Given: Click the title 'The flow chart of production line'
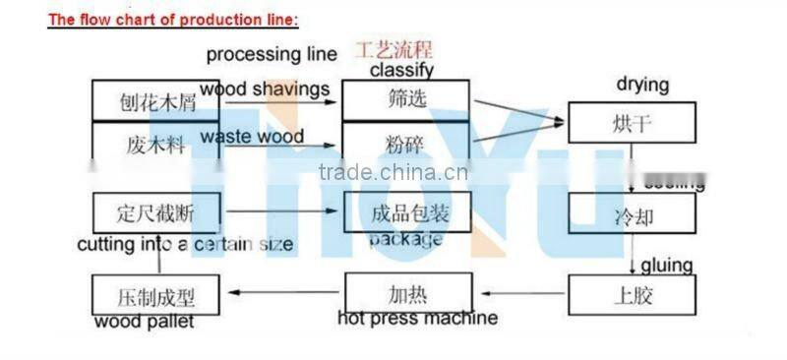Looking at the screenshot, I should (172, 20).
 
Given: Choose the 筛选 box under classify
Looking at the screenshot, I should (405, 100).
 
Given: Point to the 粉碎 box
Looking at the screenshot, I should (405, 142).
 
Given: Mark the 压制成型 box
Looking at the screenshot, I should (156, 295).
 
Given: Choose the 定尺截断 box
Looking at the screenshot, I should (156, 211).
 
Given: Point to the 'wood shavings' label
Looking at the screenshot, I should (265, 90).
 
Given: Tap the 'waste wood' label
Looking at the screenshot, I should (252, 137).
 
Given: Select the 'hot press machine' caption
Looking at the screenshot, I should (417, 318).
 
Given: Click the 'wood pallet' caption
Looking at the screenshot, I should (145, 322).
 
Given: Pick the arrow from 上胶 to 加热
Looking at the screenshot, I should (519, 293).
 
